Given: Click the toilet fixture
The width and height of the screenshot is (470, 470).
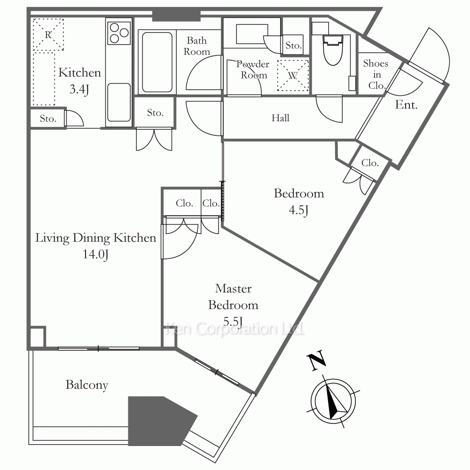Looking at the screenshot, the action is click(333, 50).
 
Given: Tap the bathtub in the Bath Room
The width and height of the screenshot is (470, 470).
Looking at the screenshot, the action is click(157, 62).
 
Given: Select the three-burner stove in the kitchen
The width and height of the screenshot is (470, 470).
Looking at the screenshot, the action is click(119, 33).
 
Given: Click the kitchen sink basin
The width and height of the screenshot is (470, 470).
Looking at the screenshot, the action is click(119, 102).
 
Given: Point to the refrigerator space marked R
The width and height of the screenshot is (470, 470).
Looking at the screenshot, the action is click(48, 34).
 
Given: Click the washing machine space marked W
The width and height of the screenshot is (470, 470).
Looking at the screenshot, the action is click(293, 76).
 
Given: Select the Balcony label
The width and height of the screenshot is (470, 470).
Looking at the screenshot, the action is click(87, 385).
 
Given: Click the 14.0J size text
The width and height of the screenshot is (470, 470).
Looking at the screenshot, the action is click(95, 254).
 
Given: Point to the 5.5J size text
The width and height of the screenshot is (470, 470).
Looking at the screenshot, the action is click(233, 321).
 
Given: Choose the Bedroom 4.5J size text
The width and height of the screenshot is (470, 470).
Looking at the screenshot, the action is click(299, 210).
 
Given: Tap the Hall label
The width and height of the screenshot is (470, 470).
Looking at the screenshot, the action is click(281, 118).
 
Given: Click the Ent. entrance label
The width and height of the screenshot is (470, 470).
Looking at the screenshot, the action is click(406, 105).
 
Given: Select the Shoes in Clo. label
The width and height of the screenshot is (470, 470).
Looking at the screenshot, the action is click(376, 75).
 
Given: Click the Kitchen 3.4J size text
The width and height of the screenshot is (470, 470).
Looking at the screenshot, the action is click(79, 89).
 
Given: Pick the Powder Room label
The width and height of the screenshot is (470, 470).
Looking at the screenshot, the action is click(253, 70).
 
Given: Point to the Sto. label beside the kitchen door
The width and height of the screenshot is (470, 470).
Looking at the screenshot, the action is click(48, 119).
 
